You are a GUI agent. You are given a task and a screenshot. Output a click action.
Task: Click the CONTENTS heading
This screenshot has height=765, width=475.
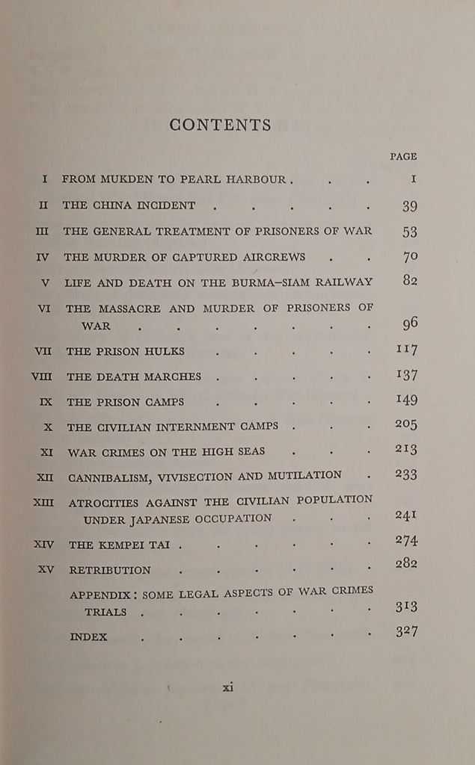point(220,125)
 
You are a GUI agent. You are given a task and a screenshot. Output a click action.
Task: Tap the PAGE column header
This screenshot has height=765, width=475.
point(403,157)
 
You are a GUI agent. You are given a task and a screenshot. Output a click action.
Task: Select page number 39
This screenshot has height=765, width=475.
point(409,206)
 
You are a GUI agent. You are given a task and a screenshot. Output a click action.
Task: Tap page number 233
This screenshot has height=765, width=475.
point(405,474)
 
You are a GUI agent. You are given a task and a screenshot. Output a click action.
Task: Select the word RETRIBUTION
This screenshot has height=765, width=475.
point(109,570)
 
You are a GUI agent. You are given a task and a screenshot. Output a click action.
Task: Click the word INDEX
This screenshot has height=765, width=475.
point(88,637)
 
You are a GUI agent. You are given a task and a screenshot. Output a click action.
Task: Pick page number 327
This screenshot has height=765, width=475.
point(405,632)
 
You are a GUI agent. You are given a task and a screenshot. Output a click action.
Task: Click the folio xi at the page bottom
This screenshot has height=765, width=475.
point(228,687)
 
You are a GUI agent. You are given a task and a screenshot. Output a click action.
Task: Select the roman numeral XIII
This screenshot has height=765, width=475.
point(43,502)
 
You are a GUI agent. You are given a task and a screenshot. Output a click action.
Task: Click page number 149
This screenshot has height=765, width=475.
point(405,400)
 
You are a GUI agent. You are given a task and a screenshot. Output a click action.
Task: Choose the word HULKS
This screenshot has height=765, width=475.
point(165,351)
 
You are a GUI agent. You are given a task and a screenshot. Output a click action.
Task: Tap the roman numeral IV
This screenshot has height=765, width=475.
point(43,257)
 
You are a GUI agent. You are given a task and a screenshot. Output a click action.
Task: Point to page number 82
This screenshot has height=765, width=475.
point(409,280)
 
